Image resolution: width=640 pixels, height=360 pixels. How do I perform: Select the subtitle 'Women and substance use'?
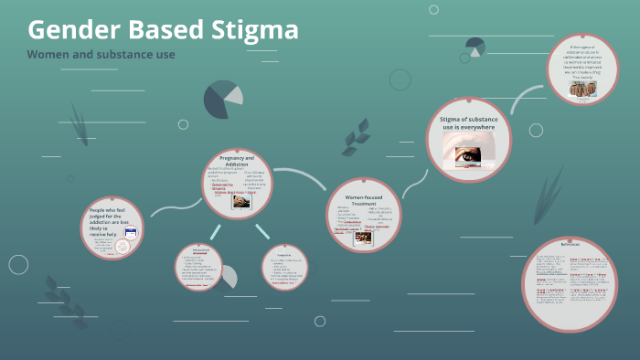click(x=101, y=55)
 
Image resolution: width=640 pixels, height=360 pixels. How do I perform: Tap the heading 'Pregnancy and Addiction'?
click(x=237, y=162)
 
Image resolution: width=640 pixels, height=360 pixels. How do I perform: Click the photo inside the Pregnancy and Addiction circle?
click(x=241, y=201)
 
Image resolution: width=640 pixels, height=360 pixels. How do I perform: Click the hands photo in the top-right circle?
click(x=582, y=89)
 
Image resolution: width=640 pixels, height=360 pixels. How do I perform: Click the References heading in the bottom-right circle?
click(x=569, y=247)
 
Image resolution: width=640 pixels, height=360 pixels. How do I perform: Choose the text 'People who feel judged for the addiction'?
click(x=111, y=219)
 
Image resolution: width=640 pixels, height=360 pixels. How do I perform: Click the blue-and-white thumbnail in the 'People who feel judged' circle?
click(x=130, y=234)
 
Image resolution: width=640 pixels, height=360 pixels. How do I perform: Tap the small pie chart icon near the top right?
click(x=475, y=46)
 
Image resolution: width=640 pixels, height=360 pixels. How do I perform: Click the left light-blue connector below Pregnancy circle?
click(x=215, y=231)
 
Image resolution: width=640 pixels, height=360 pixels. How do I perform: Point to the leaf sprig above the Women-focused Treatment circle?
click(x=356, y=138)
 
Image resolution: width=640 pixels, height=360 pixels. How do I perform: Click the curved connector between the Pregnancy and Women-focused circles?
click(x=294, y=176)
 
